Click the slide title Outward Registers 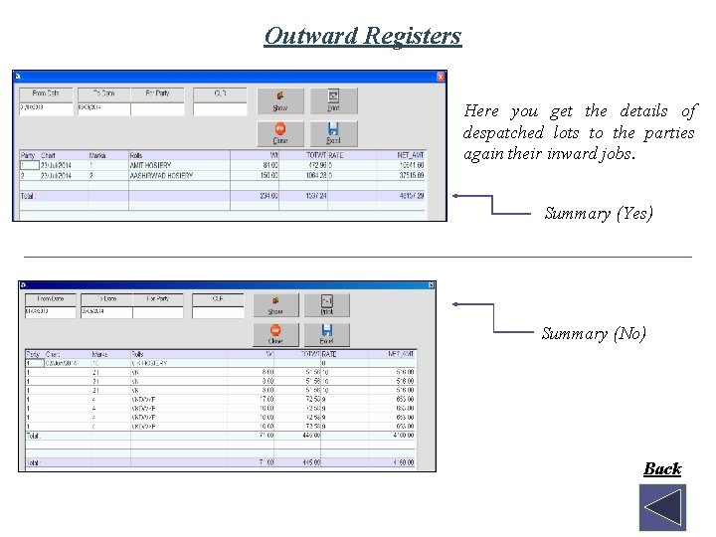tap(363, 37)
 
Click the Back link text tap(661, 468)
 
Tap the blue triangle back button tap(662, 507)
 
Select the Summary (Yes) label tap(599, 213)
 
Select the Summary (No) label tap(594, 334)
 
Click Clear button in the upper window tap(280, 133)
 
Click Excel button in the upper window tap(333, 133)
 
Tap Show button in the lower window tap(275, 305)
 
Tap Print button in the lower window tap(327, 305)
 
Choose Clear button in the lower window tap(275, 334)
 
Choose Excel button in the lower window tap(327, 334)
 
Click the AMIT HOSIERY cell tap(151, 165)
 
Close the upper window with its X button tap(441, 77)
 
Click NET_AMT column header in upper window tap(410, 155)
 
